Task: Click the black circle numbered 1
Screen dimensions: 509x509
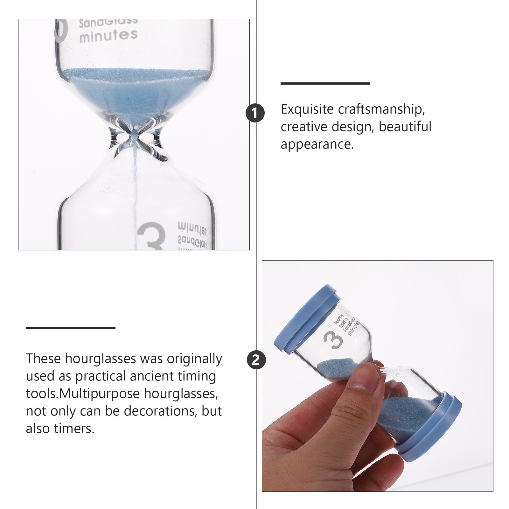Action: click(x=255, y=113)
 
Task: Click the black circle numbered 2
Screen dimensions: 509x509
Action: click(x=256, y=360)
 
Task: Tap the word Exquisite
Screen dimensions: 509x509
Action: click(x=307, y=109)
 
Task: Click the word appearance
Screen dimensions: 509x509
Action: click(x=317, y=144)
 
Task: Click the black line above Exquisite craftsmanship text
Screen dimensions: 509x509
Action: click(x=325, y=83)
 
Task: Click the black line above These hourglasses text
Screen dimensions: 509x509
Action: click(x=70, y=328)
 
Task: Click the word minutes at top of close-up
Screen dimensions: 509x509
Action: click(x=108, y=36)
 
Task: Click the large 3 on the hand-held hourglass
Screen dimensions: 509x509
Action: click(x=333, y=339)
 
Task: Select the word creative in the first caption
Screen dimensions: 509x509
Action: click(x=303, y=127)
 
